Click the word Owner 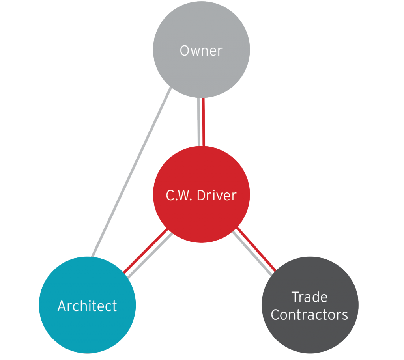pyautogui.click(x=201, y=50)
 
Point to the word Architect pyautogui.click(x=87, y=306)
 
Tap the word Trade pyautogui.click(x=310, y=297)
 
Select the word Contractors pyautogui.click(x=310, y=315)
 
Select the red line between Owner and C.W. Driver pyautogui.click(x=204, y=122)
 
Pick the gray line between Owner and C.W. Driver pyautogui.click(x=199, y=122)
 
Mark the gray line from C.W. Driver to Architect pyautogui.click(x=150, y=255)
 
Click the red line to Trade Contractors pyautogui.click(x=256, y=249)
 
